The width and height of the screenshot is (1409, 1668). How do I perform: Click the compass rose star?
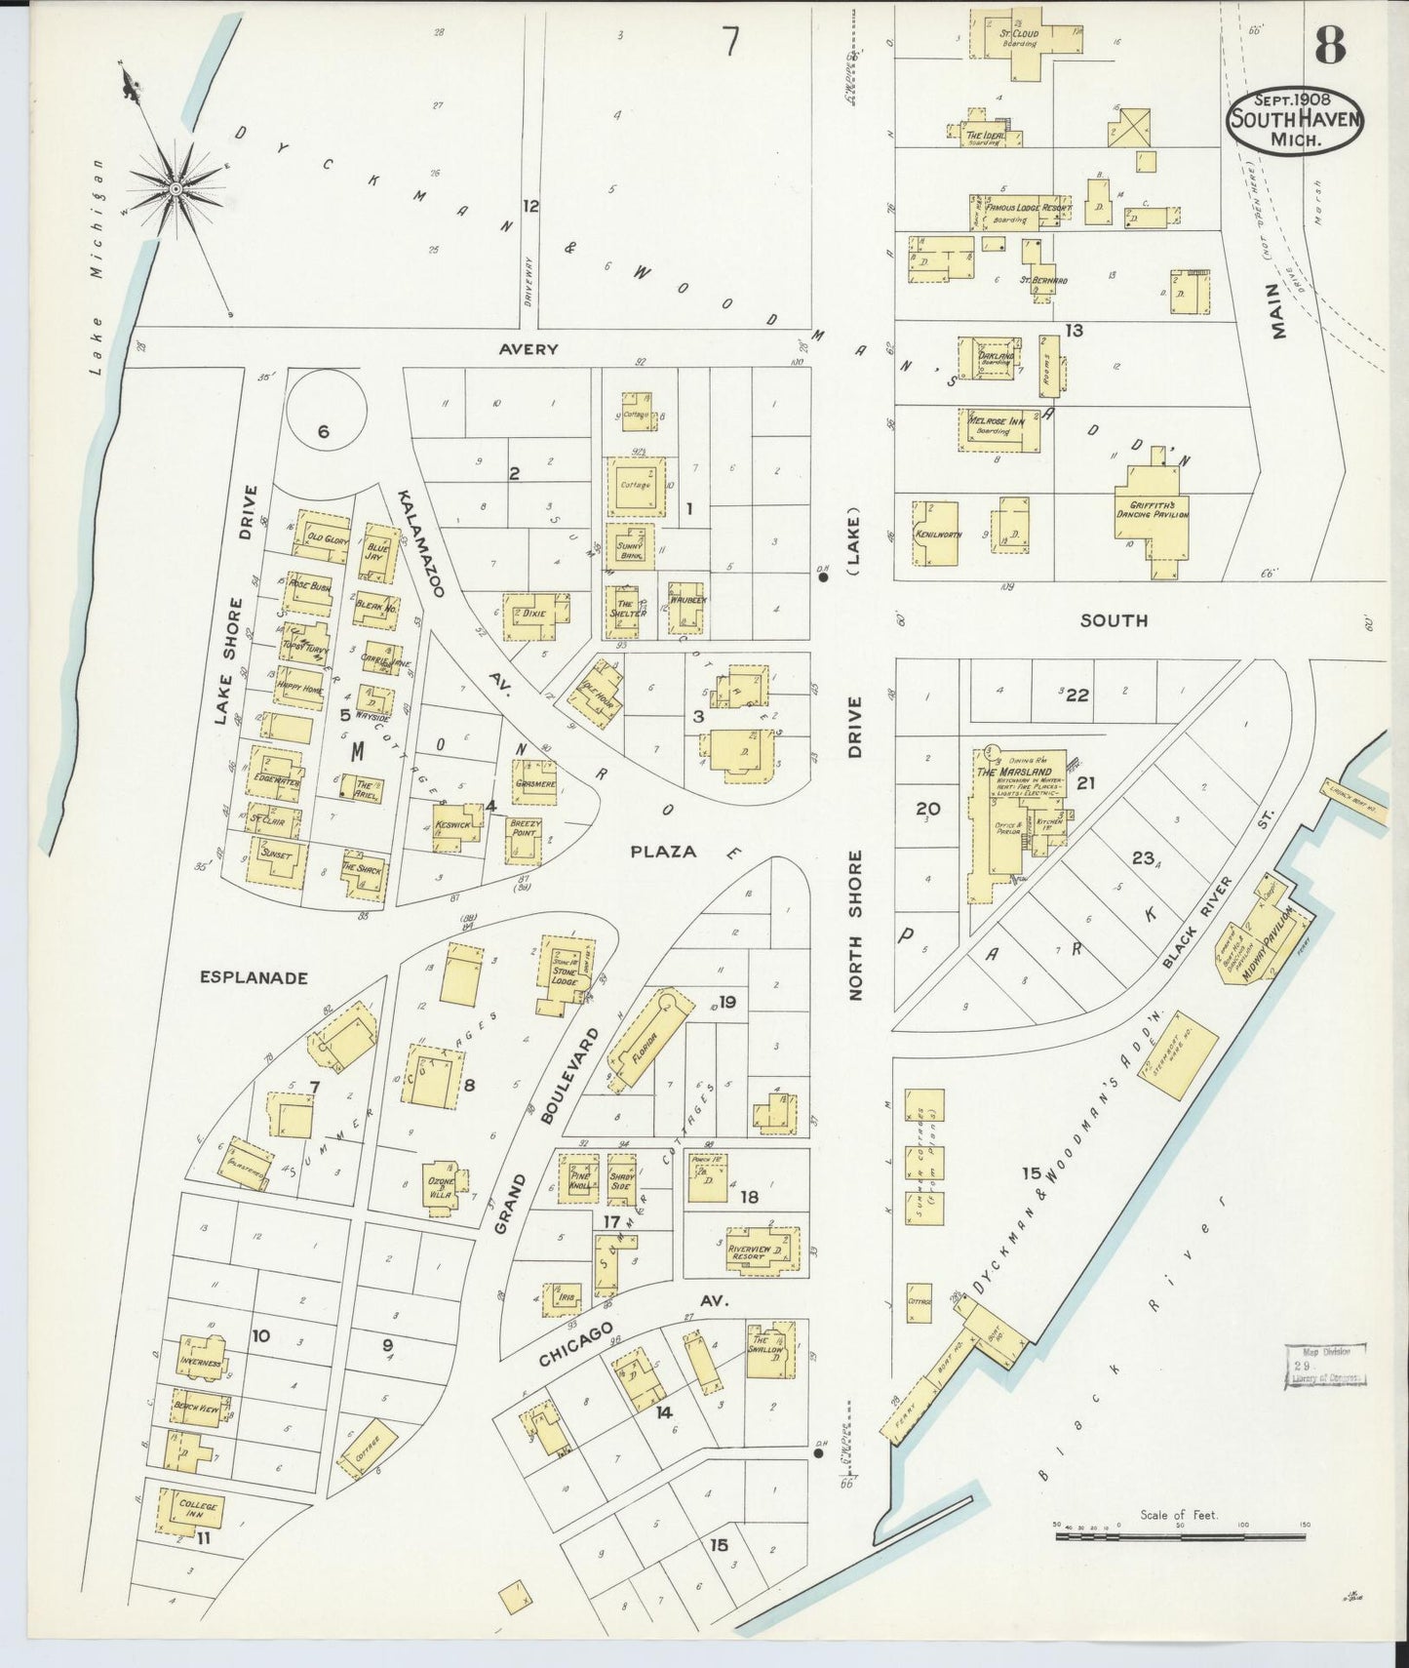tap(176, 187)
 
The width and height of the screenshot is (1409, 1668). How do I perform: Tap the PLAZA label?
tap(663, 852)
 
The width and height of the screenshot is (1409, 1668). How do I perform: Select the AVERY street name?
tap(528, 348)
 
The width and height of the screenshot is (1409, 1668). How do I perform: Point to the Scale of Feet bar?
tap(1180, 1536)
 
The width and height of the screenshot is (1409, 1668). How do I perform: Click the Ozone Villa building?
tap(442, 1187)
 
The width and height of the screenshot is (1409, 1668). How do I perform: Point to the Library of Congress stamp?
tap(1324, 1364)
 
